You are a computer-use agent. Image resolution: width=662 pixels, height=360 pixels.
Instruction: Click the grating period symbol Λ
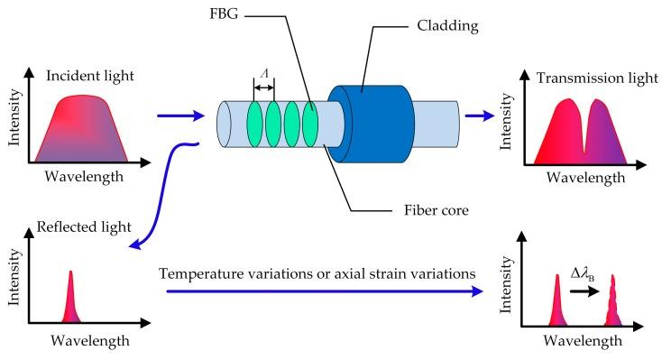click(262, 76)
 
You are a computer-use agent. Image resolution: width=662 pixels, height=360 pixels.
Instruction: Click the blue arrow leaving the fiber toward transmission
click(480, 115)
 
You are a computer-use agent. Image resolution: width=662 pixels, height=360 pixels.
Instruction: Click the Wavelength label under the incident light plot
click(83, 177)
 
